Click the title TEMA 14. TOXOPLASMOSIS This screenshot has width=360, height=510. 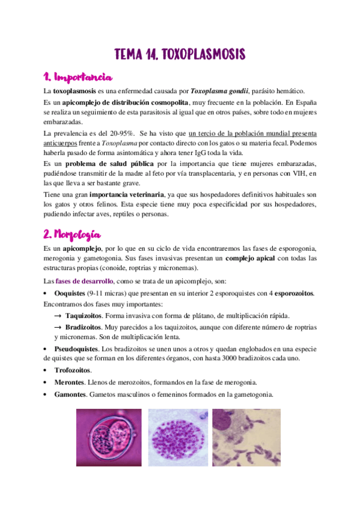click(x=180, y=55)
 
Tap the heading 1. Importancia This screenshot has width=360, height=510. click(x=78, y=78)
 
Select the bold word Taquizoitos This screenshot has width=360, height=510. click(x=85, y=315)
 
